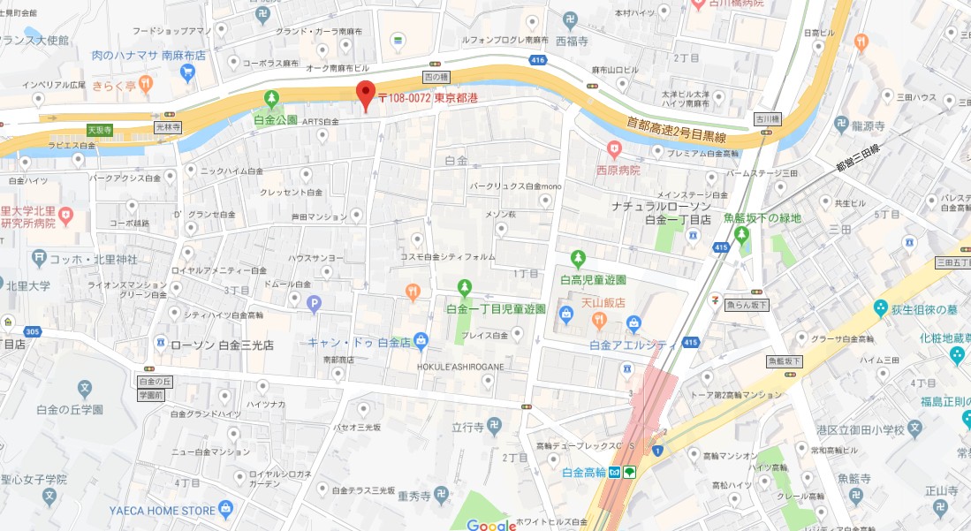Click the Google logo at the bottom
click(491, 525)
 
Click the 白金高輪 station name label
click(588, 473)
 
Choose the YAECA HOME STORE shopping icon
click(226, 508)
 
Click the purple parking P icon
click(313, 305)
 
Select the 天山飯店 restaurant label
click(603, 301)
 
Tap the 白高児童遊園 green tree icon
click(578, 259)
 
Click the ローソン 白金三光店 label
click(221, 345)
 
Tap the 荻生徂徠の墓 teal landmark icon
click(880, 307)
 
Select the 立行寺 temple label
click(468, 426)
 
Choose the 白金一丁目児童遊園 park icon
click(465, 287)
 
